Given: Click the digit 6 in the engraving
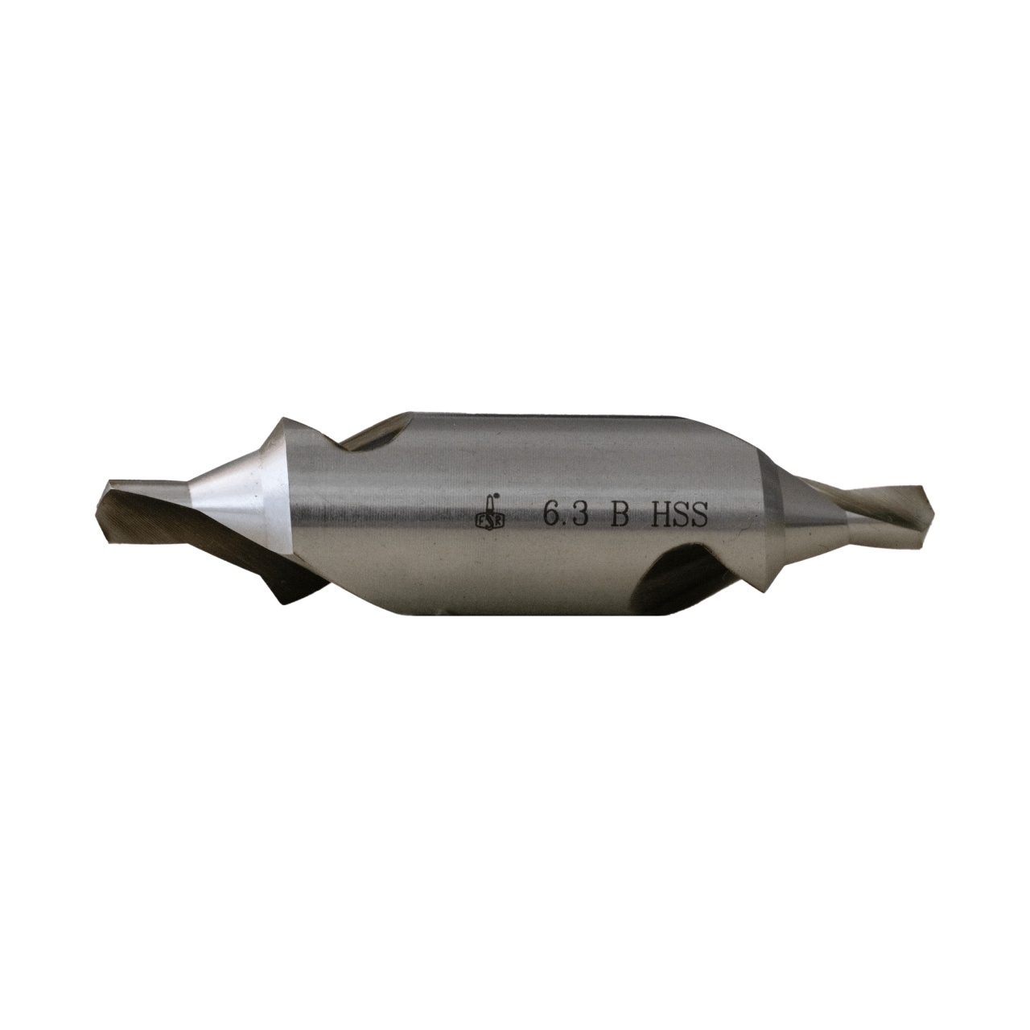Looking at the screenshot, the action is (x=552, y=514).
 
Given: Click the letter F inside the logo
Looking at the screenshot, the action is (x=480, y=519).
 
